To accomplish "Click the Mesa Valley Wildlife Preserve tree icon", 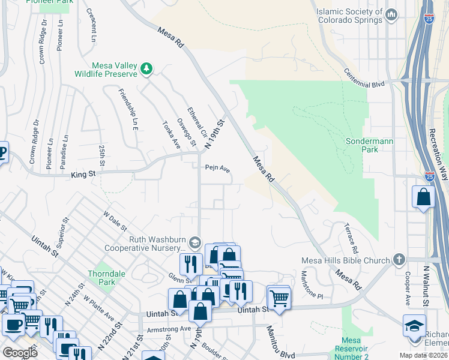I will click(x=146, y=70).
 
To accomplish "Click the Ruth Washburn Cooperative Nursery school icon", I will click(x=194, y=242).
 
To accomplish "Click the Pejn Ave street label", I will click(x=218, y=169).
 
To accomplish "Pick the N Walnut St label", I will click(x=426, y=287).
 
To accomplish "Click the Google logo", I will click(x=20, y=352).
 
